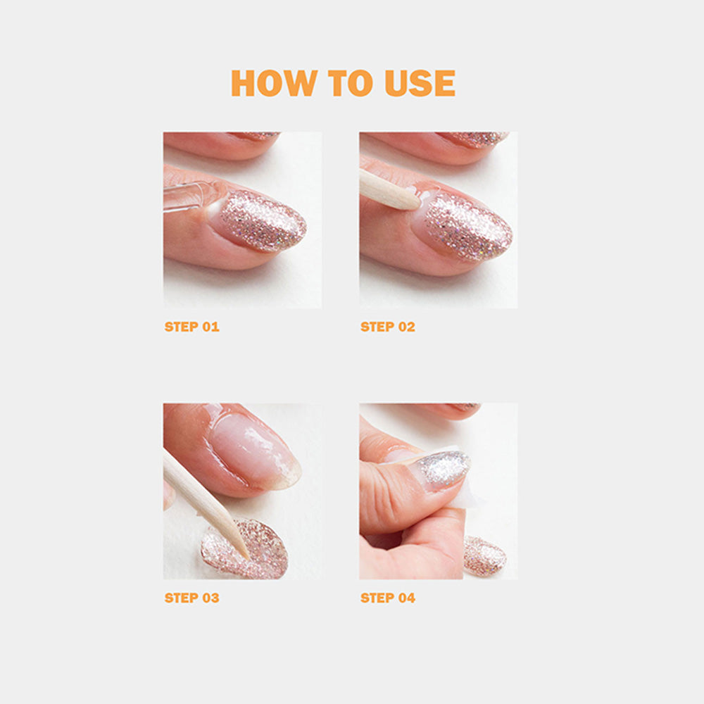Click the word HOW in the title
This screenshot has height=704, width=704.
(274, 83)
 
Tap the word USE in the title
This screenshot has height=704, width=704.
(420, 83)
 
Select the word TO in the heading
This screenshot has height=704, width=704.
(350, 83)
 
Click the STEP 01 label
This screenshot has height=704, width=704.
(191, 327)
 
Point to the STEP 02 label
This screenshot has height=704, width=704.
(387, 327)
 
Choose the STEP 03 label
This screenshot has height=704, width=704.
(191, 598)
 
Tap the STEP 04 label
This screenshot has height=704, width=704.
(387, 598)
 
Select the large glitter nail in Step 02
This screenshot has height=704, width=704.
(467, 227)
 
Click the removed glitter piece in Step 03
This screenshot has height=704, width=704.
(245, 548)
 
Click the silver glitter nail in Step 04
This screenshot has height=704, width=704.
(442, 469)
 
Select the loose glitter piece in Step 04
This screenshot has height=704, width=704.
(485, 556)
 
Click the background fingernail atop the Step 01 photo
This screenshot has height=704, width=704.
(256, 135)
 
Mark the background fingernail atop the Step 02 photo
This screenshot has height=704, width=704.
(474, 139)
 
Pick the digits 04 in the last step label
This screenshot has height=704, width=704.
(407, 598)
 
